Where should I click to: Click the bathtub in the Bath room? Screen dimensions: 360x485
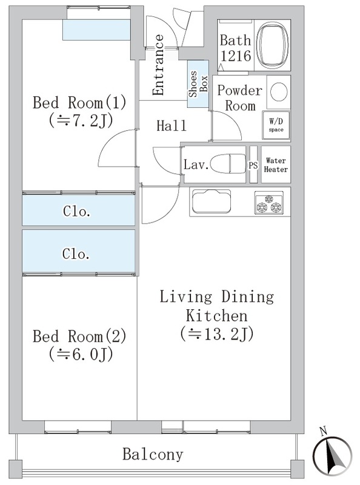pos(273,45)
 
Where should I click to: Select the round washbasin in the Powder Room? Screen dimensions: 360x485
pos(279,92)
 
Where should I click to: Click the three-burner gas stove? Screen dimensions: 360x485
pos(268,203)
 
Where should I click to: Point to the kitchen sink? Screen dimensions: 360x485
pos(212,201)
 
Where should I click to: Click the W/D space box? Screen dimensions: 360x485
pos(276,125)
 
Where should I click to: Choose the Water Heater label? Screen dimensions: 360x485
pos(276,165)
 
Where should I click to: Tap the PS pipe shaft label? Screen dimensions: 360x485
pos(253,165)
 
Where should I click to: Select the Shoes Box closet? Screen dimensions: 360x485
pos(198,84)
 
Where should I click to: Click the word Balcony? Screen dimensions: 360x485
pos(153,454)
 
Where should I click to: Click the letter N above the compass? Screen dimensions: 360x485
pos(323,431)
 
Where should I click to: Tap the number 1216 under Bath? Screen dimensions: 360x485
pos(236,56)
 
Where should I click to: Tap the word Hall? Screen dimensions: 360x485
pos(172,126)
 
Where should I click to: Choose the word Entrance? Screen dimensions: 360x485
pos(158,65)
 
